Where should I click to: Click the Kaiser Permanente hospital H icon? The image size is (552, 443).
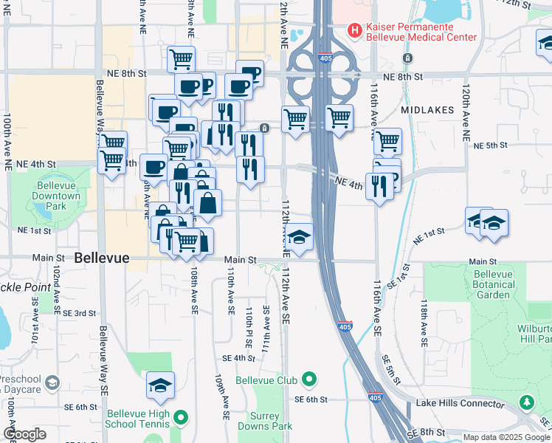pos(355,31)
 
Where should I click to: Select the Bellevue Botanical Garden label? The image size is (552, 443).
pos(493,284)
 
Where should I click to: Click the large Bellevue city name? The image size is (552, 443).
pos(102,258)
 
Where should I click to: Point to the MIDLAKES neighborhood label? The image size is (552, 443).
pos(428,109)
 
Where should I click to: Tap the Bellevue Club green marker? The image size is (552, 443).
pos(308,380)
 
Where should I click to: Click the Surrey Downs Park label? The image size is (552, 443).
pos(270,421)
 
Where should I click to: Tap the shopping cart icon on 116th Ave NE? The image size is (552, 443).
pos(387,140)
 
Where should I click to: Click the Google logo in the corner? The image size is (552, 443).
pos(24,434)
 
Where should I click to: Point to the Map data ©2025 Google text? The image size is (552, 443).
pos(506,437)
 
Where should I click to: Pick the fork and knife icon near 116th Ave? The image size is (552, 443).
pos(379,185)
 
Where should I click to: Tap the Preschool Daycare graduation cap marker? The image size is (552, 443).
pos(52,382)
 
